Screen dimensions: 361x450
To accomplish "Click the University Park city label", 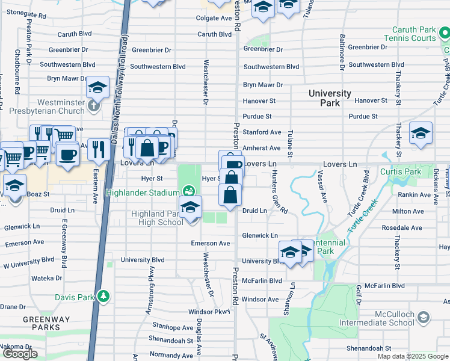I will [330, 98].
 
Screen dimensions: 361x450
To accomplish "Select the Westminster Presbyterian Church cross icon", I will [93, 106].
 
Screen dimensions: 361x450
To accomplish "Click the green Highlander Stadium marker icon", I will [190, 192].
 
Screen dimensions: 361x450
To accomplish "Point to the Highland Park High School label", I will [157, 218].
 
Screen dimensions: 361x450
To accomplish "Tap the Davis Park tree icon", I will [104, 296].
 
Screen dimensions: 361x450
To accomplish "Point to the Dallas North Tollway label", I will [125, 36].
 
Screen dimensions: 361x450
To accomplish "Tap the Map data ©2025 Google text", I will [413, 356].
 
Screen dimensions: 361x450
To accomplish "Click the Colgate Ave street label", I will [214, 19].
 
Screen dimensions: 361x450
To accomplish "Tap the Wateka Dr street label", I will [43, 278].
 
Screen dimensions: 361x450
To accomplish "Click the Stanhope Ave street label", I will [173, 328].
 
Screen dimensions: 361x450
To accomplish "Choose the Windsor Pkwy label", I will [209, 312].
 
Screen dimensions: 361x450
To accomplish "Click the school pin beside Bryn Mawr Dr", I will [97, 88].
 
